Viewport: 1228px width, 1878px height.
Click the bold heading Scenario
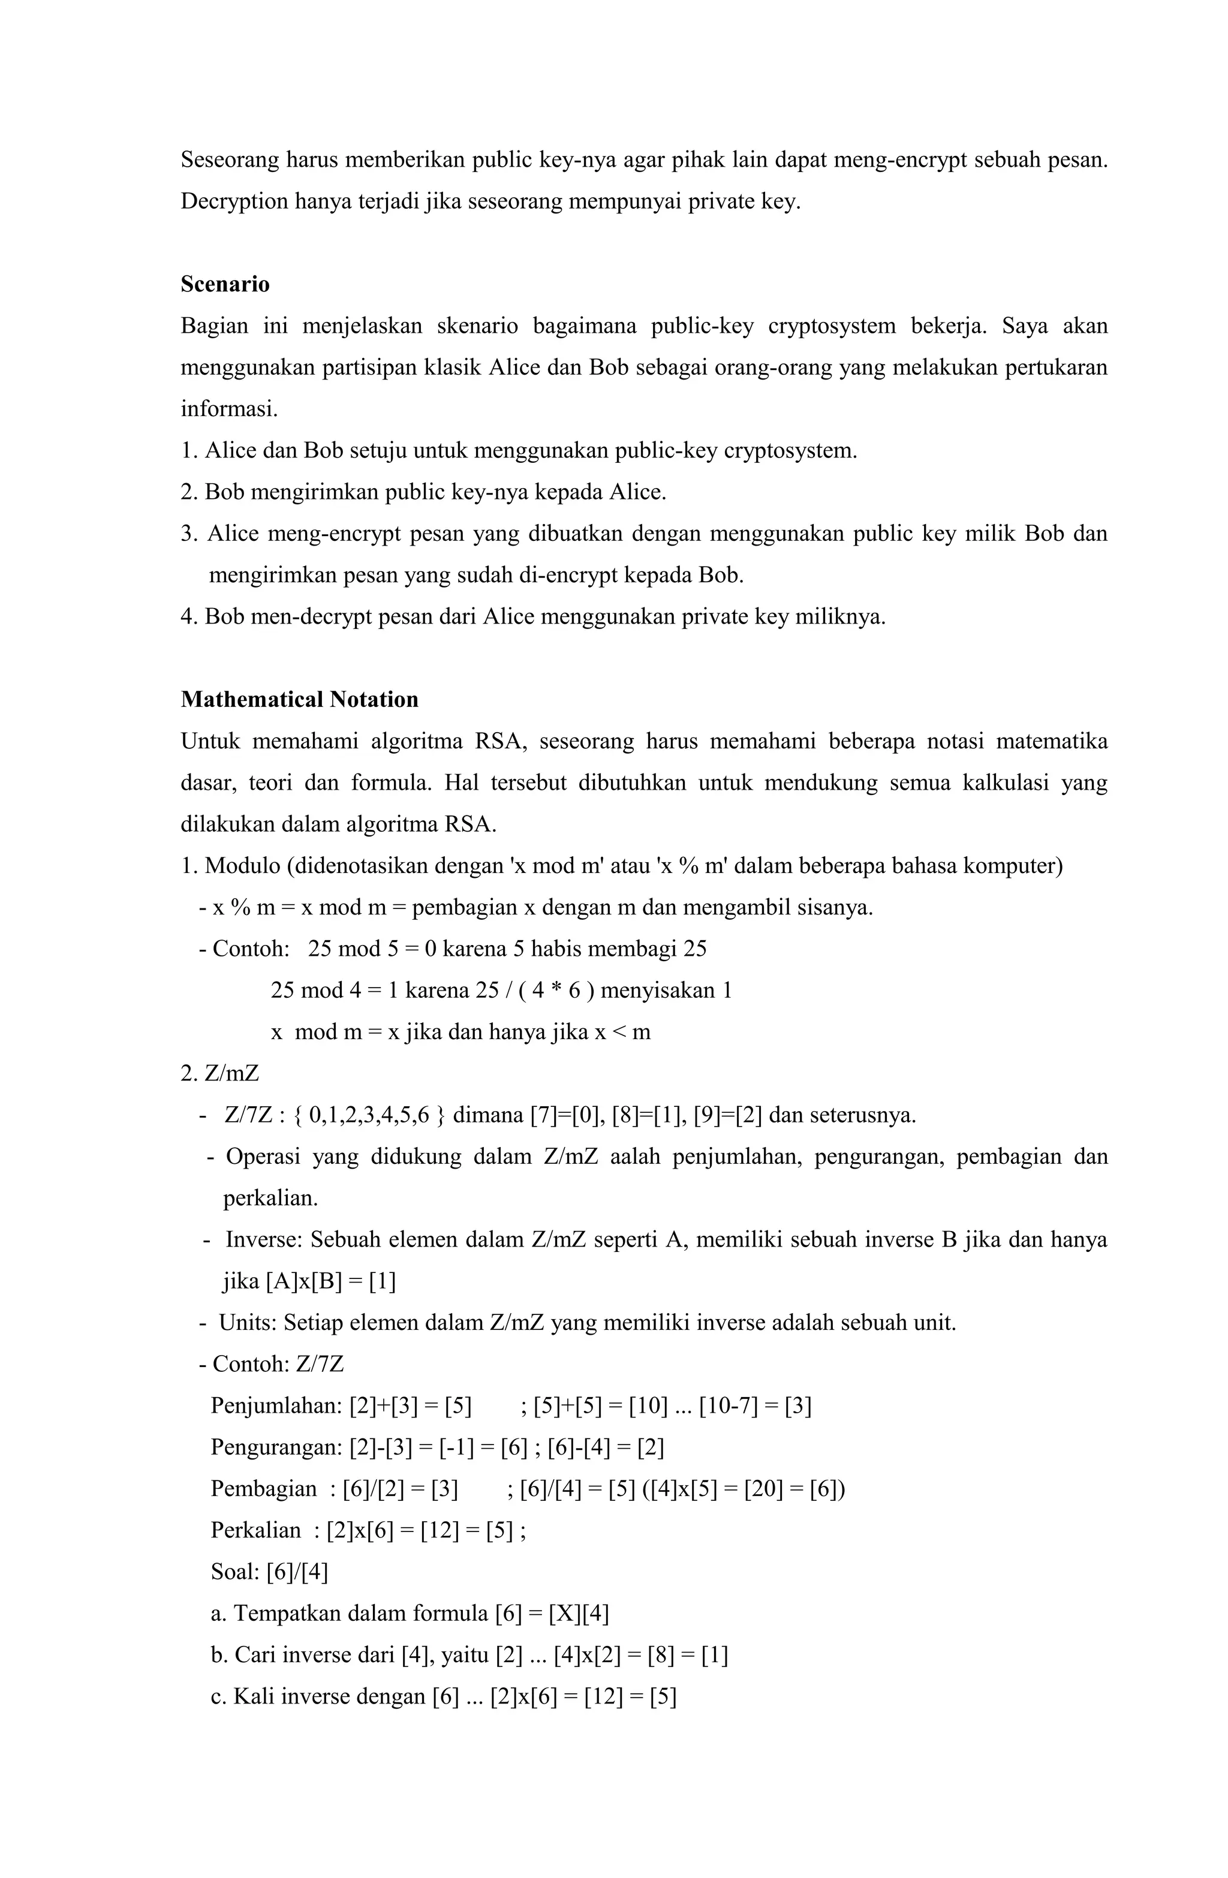point(225,284)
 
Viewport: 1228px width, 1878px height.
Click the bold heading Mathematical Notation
point(299,700)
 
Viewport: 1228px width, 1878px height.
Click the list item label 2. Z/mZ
point(219,1073)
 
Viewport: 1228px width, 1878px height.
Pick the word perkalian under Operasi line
point(270,1198)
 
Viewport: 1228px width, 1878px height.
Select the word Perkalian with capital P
point(255,1530)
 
